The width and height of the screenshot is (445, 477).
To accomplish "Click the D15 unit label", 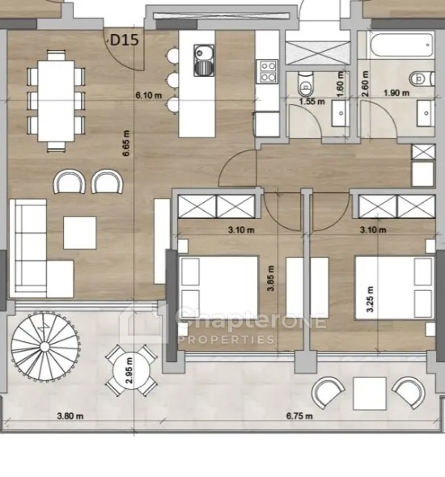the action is click(x=124, y=40).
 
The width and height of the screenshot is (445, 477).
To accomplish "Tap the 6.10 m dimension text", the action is click(x=149, y=95).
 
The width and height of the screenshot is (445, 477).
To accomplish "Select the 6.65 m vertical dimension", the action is click(x=126, y=143).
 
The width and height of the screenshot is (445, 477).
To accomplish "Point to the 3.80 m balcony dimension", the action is click(x=70, y=416).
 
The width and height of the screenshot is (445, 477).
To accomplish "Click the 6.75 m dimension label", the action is click(x=299, y=416).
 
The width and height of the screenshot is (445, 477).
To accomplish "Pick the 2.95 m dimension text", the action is click(x=129, y=370).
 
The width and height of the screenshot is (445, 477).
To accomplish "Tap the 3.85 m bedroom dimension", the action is click(x=270, y=278).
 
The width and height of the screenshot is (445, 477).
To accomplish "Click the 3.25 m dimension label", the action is click(x=370, y=299).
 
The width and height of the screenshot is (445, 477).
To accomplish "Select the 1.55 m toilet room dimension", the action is click(x=312, y=101).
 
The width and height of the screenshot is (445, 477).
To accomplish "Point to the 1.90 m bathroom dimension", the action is click(x=396, y=92).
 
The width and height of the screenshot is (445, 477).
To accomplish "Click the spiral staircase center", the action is click(x=44, y=347).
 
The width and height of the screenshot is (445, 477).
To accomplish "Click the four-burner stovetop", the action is click(x=268, y=71).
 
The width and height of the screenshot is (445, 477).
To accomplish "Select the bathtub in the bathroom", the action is click(x=400, y=45).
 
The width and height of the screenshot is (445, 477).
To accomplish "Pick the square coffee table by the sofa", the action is click(x=80, y=233).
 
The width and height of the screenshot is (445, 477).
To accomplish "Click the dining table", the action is click(x=56, y=101).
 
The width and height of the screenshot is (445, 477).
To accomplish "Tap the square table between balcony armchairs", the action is click(x=370, y=393).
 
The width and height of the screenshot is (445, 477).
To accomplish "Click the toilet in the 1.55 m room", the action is click(x=305, y=82).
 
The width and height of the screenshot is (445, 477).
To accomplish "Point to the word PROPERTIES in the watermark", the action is click(x=226, y=340).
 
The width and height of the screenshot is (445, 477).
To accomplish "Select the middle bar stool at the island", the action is click(x=172, y=80).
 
